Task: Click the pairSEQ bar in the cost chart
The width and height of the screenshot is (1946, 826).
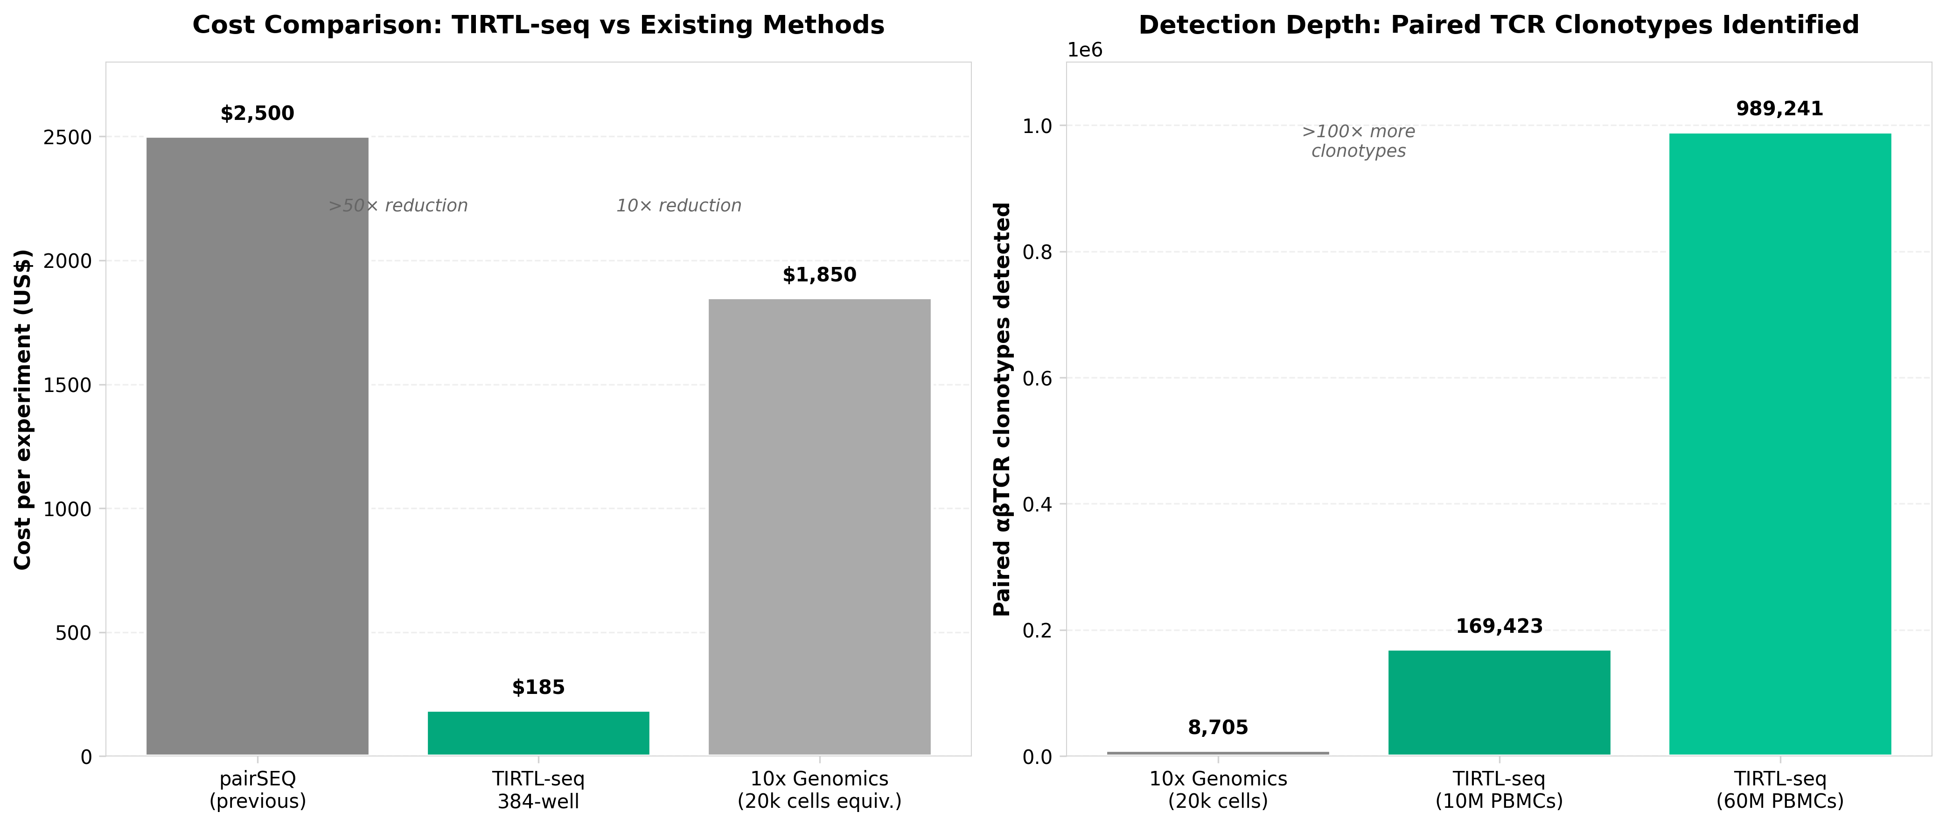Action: [x=257, y=446]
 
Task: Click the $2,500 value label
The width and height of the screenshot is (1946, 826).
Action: [x=257, y=113]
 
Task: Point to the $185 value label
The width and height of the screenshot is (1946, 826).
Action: [x=538, y=687]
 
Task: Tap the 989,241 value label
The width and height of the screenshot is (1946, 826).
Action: [x=1780, y=109]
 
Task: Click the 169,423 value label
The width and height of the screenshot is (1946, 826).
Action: [x=1499, y=626]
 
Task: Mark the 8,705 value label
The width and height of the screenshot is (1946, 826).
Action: [x=1218, y=728]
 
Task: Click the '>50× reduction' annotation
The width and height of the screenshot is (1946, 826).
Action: [x=398, y=205]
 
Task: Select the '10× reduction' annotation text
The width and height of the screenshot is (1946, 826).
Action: [x=678, y=205]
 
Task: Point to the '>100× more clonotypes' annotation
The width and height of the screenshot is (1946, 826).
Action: [x=1358, y=141]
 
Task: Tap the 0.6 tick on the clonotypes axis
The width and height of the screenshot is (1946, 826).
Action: [x=1038, y=378]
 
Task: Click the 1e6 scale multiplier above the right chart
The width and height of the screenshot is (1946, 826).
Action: [x=1085, y=50]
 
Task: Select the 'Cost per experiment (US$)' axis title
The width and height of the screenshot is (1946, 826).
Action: [x=23, y=409]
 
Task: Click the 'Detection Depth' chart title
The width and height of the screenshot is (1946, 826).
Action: [x=1498, y=25]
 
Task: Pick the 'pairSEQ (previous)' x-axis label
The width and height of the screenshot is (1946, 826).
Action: [x=257, y=790]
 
